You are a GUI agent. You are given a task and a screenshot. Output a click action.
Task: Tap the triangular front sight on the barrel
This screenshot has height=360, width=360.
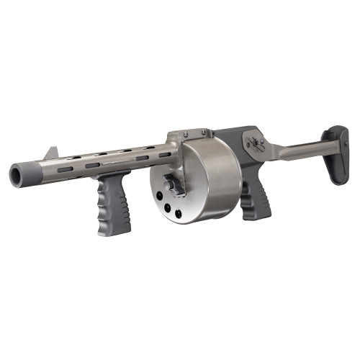(x=52, y=153)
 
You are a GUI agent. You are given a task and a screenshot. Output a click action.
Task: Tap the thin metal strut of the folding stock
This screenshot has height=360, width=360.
(x=295, y=150)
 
